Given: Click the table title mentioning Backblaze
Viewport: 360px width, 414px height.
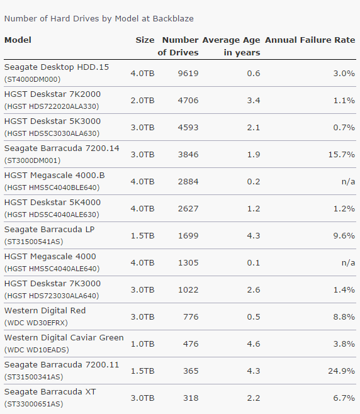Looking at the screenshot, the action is pyautogui.click(x=99, y=19).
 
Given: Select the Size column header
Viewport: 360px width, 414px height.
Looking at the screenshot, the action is pyautogui.click(x=145, y=40).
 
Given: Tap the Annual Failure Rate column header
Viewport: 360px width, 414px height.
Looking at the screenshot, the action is pyautogui.click(x=310, y=40).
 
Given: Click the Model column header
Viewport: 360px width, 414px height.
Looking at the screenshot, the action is pyautogui.click(x=18, y=40).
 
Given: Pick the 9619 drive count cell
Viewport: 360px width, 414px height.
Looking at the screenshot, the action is pyautogui.click(x=188, y=73).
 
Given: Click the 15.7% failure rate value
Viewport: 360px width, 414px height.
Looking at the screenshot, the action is pyautogui.click(x=342, y=154).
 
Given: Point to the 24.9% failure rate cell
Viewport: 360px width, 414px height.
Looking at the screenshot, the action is pyautogui.click(x=342, y=371).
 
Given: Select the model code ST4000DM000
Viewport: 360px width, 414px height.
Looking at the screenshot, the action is pyautogui.click(x=32, y=79).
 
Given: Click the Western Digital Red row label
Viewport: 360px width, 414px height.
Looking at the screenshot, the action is pyautogui.click(x=45, y=311).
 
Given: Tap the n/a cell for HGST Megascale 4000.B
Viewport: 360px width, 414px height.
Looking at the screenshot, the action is pyautogui.click(x=348, y=182).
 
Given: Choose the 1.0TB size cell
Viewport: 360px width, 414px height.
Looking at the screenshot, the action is pyautogui.click(x=142, y=344).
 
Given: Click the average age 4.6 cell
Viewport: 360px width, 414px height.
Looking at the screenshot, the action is pyautogui.click(x=254, y=344).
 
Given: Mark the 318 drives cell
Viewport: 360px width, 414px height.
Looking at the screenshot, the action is pyautogui.click(x=191, y=398).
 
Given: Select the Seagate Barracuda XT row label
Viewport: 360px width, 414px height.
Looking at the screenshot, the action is pyautogui.click(x=50, y=391).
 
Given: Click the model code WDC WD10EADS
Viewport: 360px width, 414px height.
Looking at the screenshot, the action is pyautogui.click(x=37, y=350).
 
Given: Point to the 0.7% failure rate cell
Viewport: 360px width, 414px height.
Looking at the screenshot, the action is pyautogui.click(x=344, y=128).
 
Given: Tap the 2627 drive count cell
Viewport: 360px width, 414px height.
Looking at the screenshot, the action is pyautogui.click(x=188, y=209).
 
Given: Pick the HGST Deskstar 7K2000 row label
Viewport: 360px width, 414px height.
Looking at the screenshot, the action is pyautogui.click(x=52, y=94).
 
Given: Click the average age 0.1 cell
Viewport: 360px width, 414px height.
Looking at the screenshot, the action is pyautogui.click(x=254, y=263).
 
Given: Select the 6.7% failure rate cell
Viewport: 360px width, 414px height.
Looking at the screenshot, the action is pyautogui.click(x=344, y=398).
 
